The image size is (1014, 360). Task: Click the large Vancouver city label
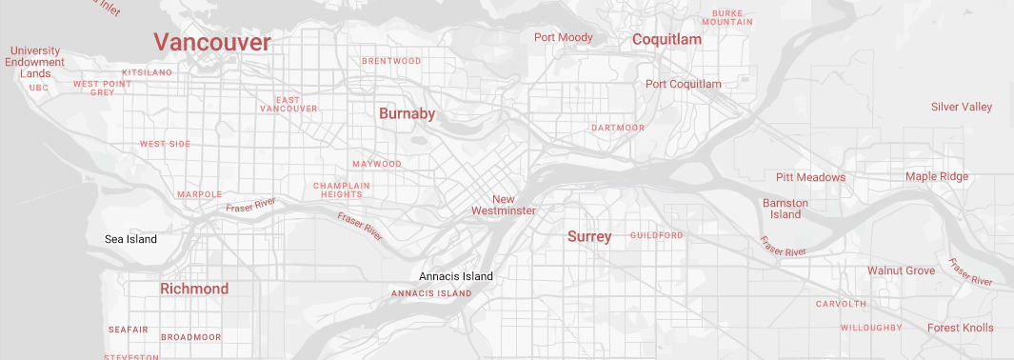[x=212, y=42]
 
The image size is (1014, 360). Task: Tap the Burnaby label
[x=407, y=114]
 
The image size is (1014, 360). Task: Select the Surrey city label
[x=589, y=236]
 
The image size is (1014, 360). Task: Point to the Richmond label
[x=194, y=289]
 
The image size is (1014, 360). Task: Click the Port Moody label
[x=564, y=38]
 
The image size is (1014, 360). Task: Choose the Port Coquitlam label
[x=684, y=84]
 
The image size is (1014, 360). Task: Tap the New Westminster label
[x=504, y=205]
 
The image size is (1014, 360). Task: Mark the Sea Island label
[x=130, y=239]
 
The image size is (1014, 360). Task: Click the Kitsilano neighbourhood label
[x=147, y=72]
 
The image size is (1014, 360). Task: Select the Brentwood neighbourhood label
[x=391, y=61]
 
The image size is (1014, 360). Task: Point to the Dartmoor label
[x=618, y=128]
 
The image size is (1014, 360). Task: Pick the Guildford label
[x=657, y=235]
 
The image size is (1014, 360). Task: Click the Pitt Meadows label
[x=810, y=177]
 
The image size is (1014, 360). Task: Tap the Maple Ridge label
[x=937, y=176]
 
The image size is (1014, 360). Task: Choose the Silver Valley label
[x=962, y=107]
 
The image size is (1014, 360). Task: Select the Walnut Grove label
[x=901, y=270]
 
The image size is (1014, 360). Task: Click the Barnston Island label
[x=785, y=209]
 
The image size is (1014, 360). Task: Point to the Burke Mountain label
[x=727, y=17]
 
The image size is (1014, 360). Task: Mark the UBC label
[x=38, y=88]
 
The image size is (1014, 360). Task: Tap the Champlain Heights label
[x=338, y=190]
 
